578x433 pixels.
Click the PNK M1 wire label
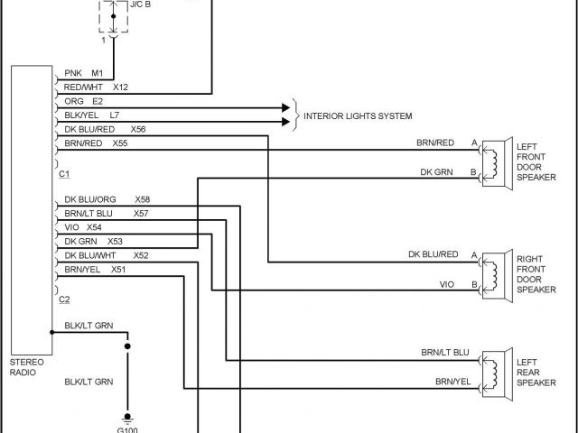click(x=85, y=74)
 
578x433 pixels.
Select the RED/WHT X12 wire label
click(x=96, y=88)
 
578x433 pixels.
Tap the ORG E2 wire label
click(x=84, y=101)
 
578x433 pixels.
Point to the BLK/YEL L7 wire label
click(x=91, y=115)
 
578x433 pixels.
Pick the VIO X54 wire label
click(x=83, y=227)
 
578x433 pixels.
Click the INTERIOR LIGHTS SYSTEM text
click(x=358, y=116)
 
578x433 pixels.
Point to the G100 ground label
click(x=127, y=428)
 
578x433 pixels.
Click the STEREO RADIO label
click(x=24, y=366)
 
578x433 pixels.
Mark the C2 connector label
click(x=64, y=299)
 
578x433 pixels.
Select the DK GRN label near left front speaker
click(x=437, y=171)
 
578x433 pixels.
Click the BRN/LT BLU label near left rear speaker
click(x=445, y=352)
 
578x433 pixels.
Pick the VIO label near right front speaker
click(x=447, y=284)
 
